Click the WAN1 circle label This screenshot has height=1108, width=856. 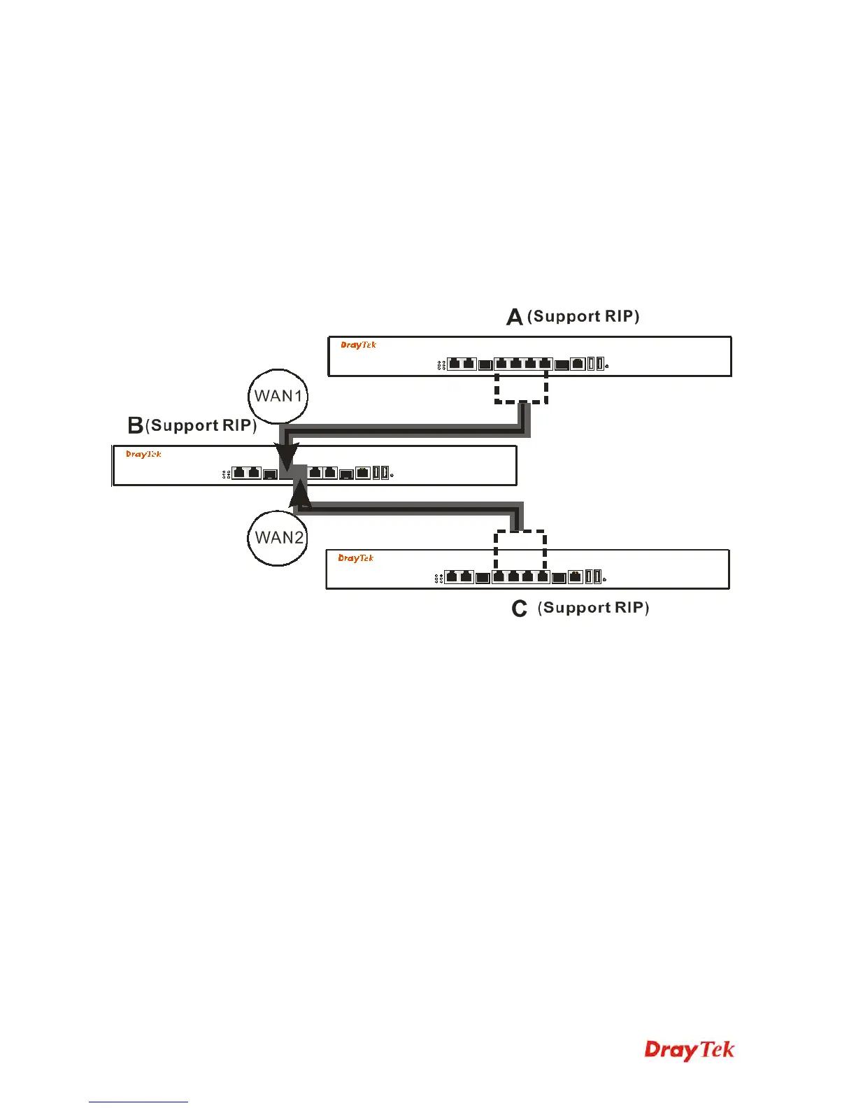point(278,396)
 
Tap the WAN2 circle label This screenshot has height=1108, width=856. point(278,537)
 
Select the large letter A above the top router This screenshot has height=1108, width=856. point(515,318)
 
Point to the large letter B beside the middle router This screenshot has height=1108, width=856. point(136,425)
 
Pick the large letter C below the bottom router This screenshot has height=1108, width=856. point(519,609)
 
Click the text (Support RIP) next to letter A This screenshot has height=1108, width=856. point(583,316)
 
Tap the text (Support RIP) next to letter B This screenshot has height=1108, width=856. point(201,425)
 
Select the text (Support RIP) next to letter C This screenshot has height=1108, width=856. point(593,607)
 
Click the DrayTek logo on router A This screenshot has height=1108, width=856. point(358,345)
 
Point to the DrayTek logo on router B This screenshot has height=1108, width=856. point(143,454)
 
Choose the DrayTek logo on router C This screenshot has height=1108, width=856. point(355,558)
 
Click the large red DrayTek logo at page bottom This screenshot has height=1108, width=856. point(689,1050)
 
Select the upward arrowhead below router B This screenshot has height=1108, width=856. point(301,493)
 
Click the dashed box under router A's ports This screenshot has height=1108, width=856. point(521,388)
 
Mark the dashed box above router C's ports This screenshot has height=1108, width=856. point(520,549)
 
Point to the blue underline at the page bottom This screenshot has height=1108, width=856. point(138,1102)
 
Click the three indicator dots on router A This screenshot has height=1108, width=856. point(441,365)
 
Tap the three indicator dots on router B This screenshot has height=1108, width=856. point(226,474)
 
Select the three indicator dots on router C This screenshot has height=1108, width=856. point(438,578)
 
